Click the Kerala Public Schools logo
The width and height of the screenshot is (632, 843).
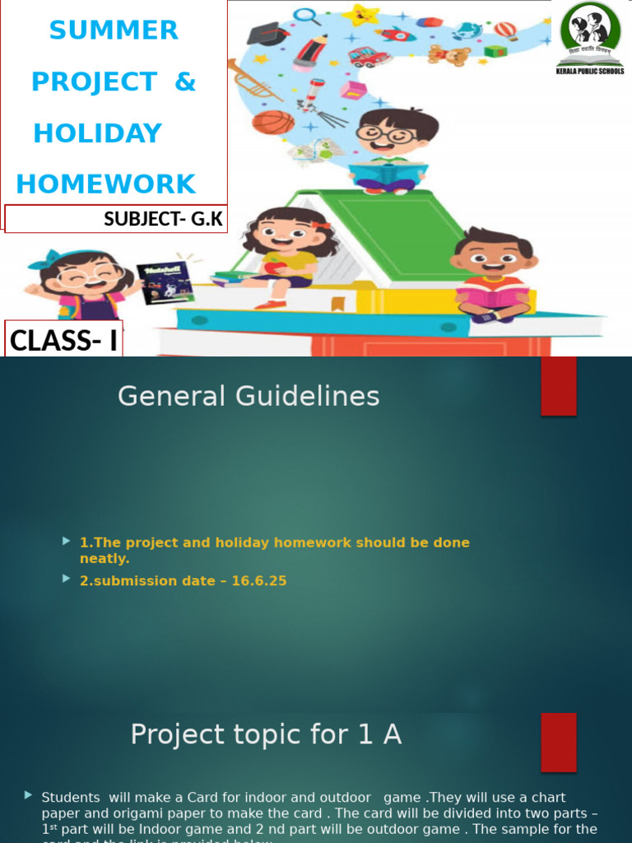point(590,36)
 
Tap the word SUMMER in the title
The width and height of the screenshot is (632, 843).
point(114,30)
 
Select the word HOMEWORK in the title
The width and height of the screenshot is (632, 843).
point(106,184)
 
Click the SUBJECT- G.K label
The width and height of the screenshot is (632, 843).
point(163,219)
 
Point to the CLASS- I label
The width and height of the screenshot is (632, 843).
point(63,340)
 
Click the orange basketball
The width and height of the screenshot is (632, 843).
point(272,123)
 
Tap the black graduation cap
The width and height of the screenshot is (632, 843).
point(268,35)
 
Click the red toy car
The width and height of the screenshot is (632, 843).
point(369,57)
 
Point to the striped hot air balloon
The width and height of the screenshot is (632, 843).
point(505,30)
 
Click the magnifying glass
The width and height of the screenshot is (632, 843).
point(306,16)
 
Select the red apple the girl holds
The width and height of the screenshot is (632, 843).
point(274,268)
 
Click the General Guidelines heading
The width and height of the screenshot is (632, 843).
point(249,396)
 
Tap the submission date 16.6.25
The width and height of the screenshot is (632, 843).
point(258,580)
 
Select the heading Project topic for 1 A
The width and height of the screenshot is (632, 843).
point(266,734)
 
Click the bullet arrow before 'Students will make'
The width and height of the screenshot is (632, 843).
point(29,795)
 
